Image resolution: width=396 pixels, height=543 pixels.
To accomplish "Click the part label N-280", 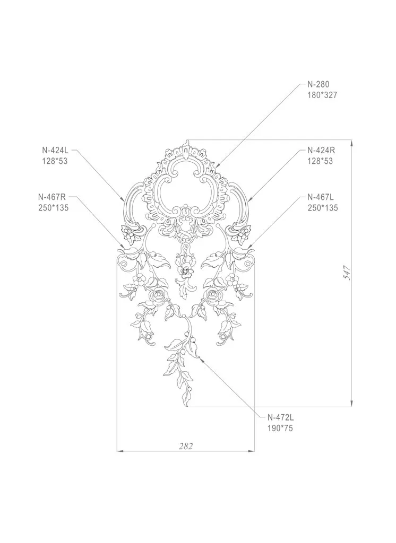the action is [318, 84].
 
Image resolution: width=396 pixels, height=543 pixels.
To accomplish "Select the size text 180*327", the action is [322, 95].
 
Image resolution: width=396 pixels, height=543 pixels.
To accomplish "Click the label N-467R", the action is [52, 197].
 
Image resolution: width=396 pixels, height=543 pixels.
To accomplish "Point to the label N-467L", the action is [321, 197].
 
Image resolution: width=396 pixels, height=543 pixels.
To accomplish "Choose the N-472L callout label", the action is [280, 417].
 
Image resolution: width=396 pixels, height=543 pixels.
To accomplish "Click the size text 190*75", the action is [280, 428].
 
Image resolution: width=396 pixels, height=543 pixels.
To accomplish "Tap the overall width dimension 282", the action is [185, 446].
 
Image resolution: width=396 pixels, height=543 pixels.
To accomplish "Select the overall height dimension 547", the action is [348, 273].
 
